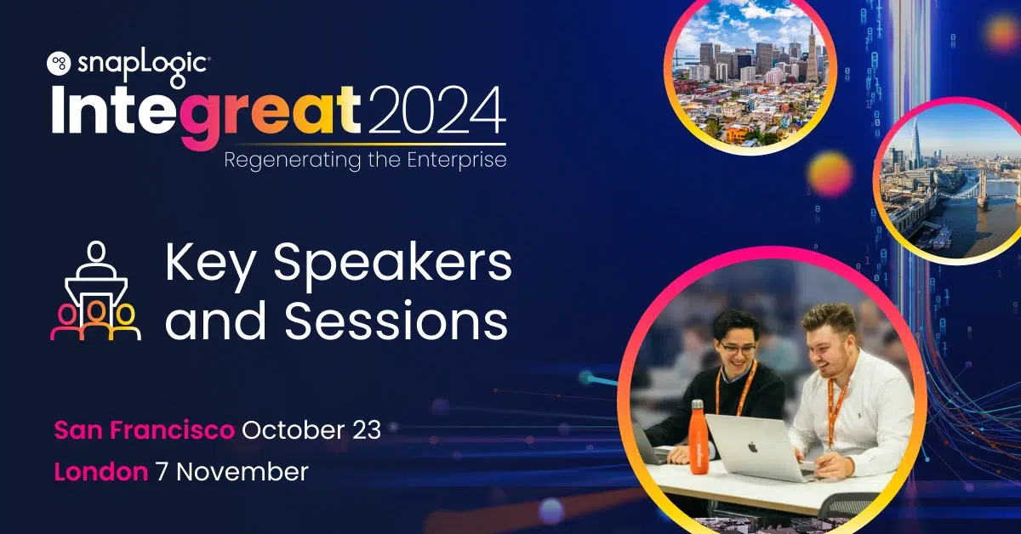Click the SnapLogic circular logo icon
tap(59, 63)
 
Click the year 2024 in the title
tap(437, 111)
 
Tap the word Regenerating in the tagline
tap(292, 160)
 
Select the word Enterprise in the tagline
tap(456, 160)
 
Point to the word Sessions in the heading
tap(396, 321)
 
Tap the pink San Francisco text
tap(144, 429)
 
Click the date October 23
tap(311, 429)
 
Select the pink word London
tap(101, 472)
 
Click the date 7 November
tap(231, 472)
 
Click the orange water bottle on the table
tap(698, 436)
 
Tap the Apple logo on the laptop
tap(752, 447)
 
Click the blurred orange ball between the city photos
tap(830, 174)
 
